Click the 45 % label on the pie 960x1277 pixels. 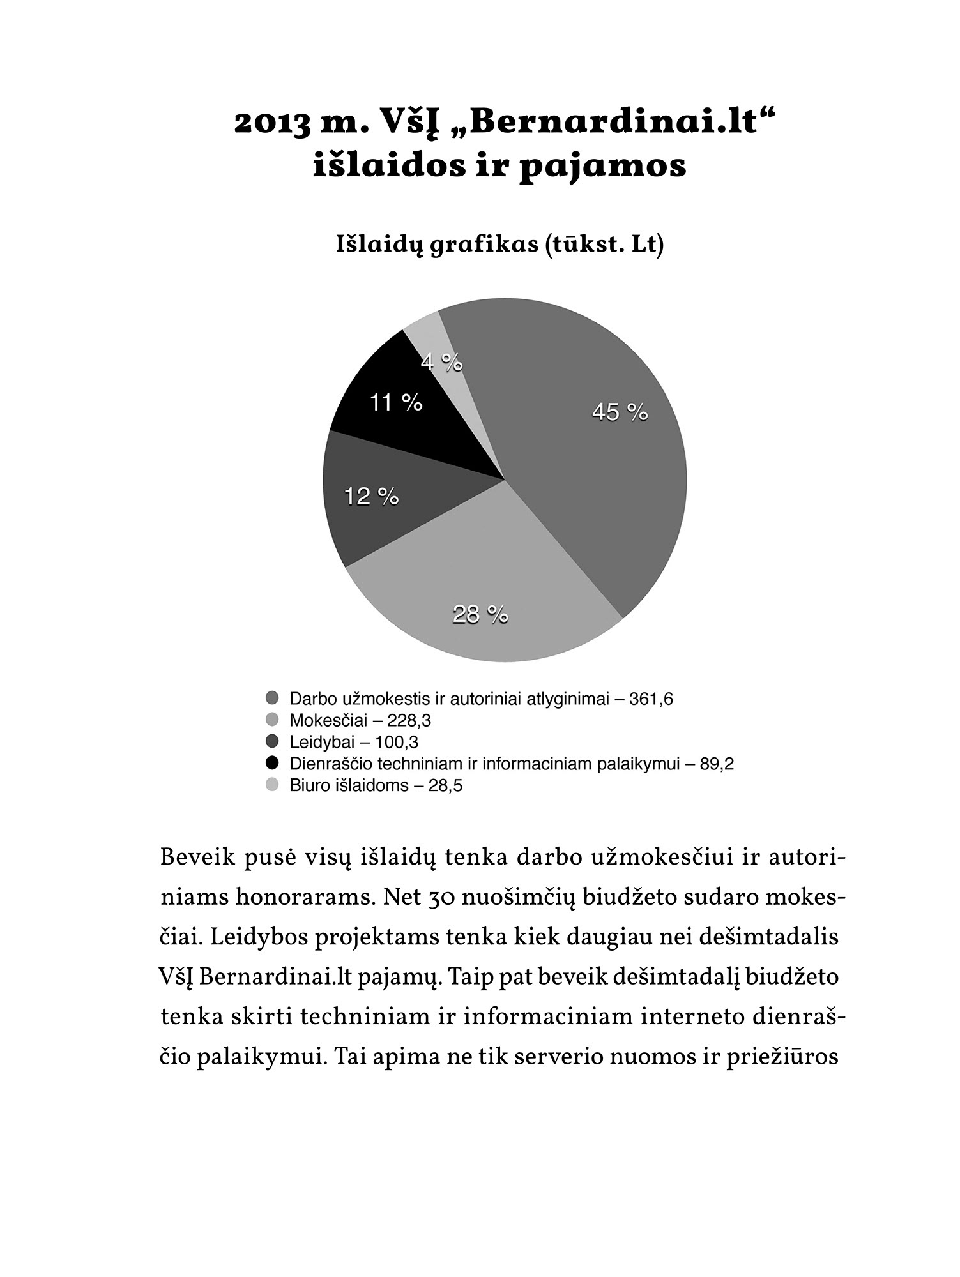620,412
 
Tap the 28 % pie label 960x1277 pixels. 480,614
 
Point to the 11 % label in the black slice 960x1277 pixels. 396,402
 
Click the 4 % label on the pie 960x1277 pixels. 441,362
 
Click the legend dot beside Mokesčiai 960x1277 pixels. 273,720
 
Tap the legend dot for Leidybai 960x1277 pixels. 273,742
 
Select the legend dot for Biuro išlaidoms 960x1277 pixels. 273,785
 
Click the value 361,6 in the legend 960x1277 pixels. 651,699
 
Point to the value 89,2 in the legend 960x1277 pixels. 717,764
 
